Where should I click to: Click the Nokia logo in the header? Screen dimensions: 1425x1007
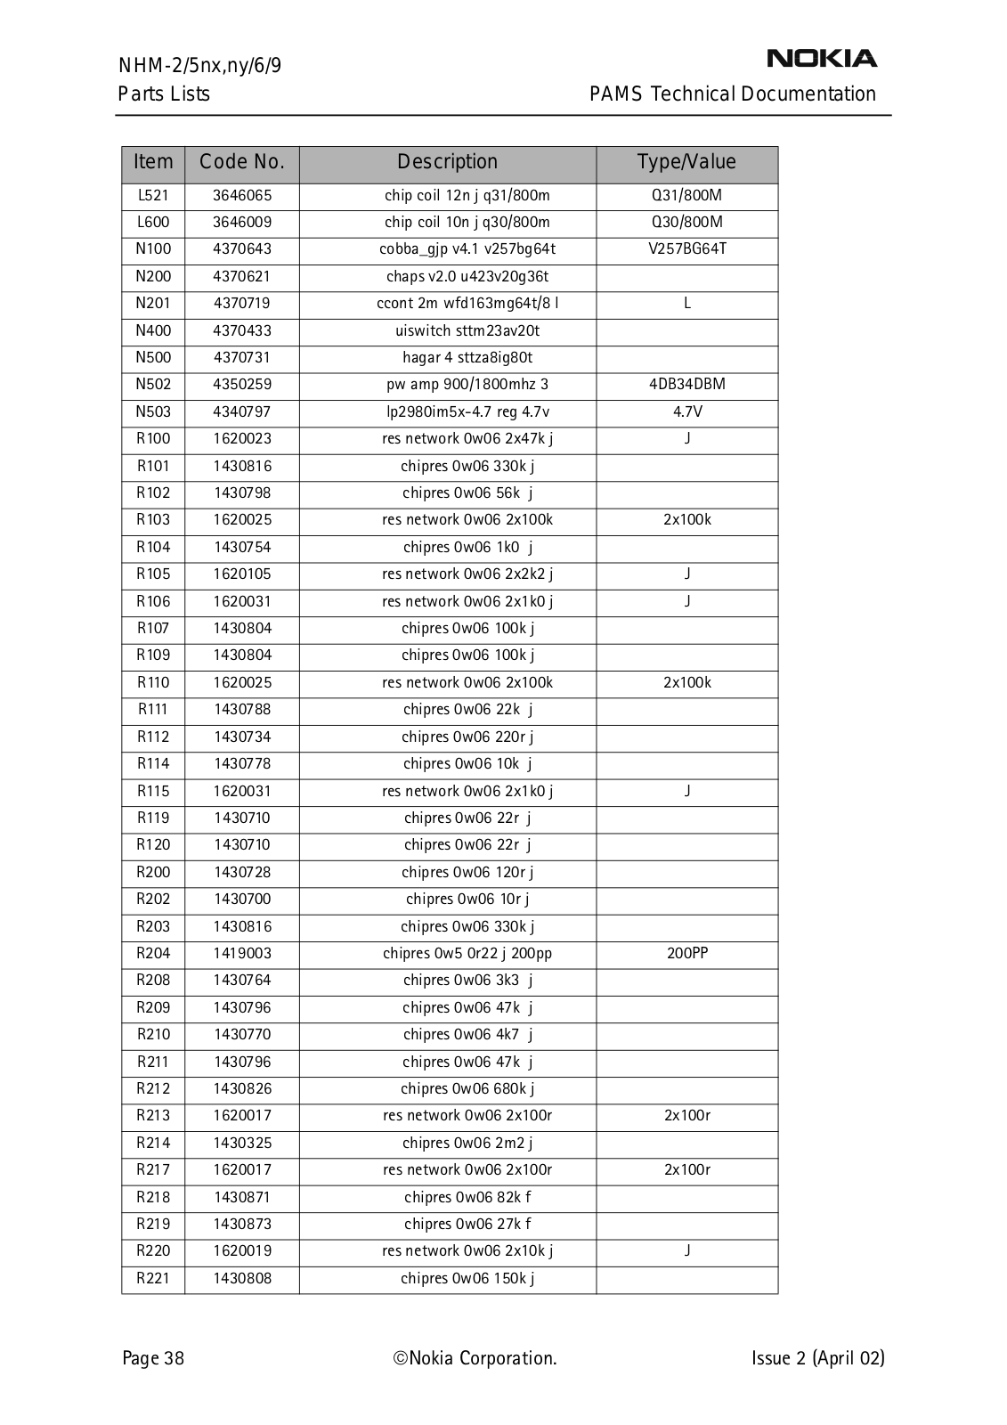tap(821, 59)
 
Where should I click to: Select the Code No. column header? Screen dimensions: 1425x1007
tap(242, 162)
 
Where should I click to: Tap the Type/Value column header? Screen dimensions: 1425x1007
tap(686, 162)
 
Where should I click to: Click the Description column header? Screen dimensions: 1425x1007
tap(447, 162)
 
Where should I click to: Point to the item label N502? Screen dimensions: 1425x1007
tap(153, 385)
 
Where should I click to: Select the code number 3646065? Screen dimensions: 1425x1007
tap(242, 195)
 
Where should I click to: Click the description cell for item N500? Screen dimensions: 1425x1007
tap(467, 358)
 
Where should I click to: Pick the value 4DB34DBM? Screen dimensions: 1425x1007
tap(686, 385)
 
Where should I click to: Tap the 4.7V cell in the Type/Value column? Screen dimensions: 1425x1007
tap(686, 411)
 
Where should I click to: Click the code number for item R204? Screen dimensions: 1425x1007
tap(242, 953)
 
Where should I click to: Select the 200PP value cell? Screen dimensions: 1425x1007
tap(686, 953)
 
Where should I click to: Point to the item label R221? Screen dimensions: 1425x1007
tap(153, 1278)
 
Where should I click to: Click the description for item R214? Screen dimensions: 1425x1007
tap(467, 1143)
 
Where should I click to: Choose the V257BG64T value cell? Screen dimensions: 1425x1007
tap(686, 249)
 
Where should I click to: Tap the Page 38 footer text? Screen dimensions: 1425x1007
tap(153, 1358)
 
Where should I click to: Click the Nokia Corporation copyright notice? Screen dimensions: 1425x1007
tap(475, 1358)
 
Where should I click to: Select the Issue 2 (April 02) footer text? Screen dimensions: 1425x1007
tap(817, 1358)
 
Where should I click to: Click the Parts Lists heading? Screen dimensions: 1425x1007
tap(164, 94)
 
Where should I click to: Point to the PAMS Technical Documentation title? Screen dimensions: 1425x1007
tap(732, 94)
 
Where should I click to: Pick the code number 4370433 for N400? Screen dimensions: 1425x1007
tap(242, 330)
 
